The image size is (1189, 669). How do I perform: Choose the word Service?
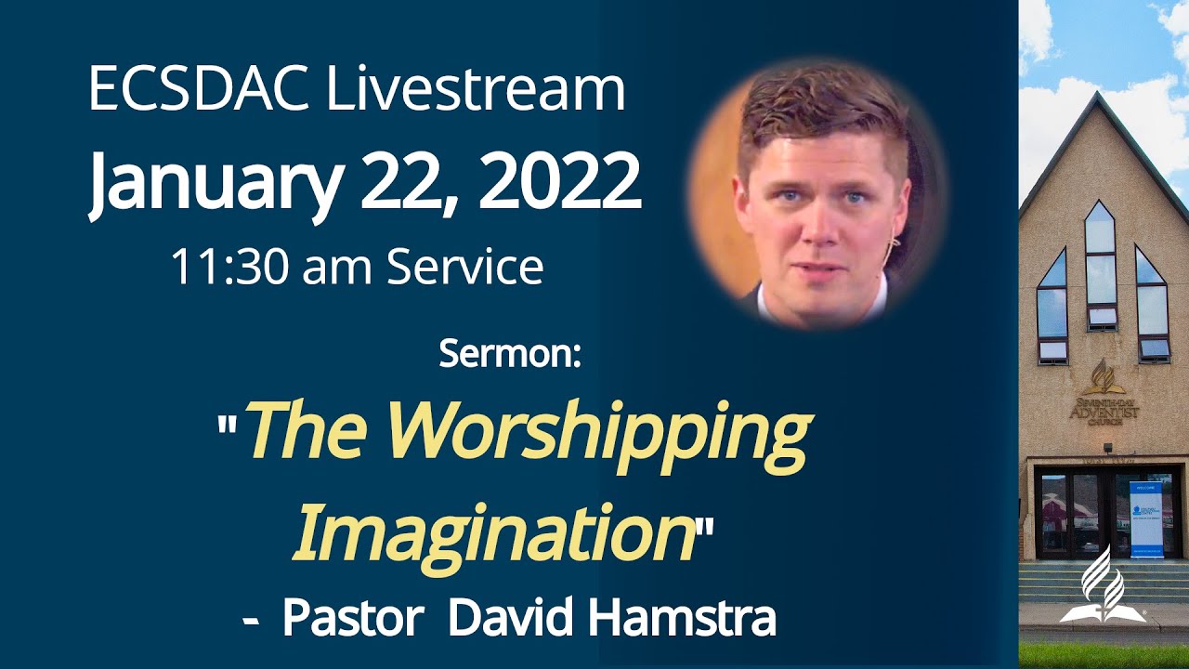point(464,267)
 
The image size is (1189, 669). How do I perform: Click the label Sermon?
point(510,354)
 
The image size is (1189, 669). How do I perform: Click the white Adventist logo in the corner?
point(1100,584)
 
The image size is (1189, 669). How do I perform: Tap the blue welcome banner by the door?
point(1146,520)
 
